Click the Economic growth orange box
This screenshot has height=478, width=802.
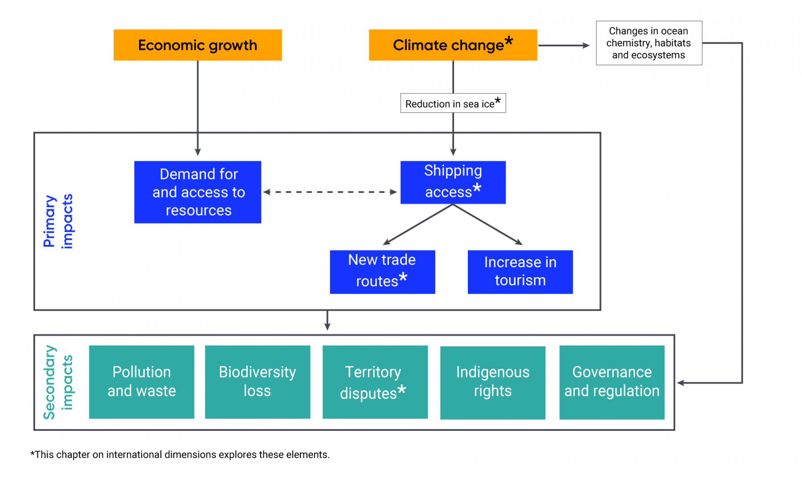(x=197, y=45)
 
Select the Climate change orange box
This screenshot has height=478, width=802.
(x=453, y=45)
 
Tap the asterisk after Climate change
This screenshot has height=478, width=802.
(x=509, y=41)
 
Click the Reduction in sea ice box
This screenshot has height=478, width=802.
(x=453, y=103)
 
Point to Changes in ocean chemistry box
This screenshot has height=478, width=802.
(x=649, y=43)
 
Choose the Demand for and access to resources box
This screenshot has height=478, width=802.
(x=197, y=192)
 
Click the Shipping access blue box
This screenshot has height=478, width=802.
(x=453, y=182)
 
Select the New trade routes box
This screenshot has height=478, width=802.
(x=382, y=271)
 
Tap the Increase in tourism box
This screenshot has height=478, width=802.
(x=520, y=271)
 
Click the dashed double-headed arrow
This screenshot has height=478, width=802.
(x=330, y=192)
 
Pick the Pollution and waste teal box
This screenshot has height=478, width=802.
(x=141, y=382)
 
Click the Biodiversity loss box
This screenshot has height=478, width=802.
(x=257, y=382)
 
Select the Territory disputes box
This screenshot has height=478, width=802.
(x=375, y=382)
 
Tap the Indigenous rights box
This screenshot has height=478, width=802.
(x=492, y=382)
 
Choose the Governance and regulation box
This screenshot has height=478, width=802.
(x=612, y=382)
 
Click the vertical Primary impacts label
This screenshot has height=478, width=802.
(x=58, y=221)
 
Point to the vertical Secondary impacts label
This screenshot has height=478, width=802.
(x=58, y=382)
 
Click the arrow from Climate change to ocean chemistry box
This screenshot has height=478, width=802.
(x=564, y=45)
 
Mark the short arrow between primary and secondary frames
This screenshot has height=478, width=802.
(x=327, y=320)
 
